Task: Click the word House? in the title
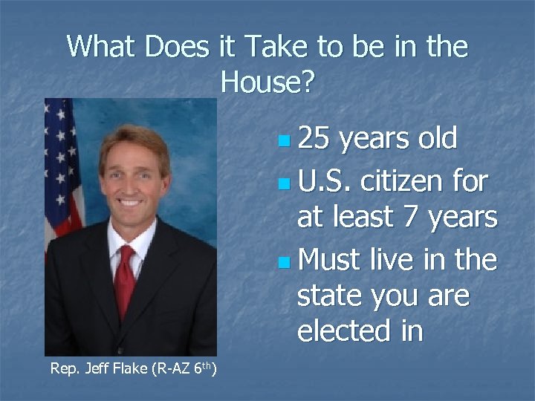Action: click(267, 82)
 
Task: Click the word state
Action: click(331, 296)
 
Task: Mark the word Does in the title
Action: click(178, 47)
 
